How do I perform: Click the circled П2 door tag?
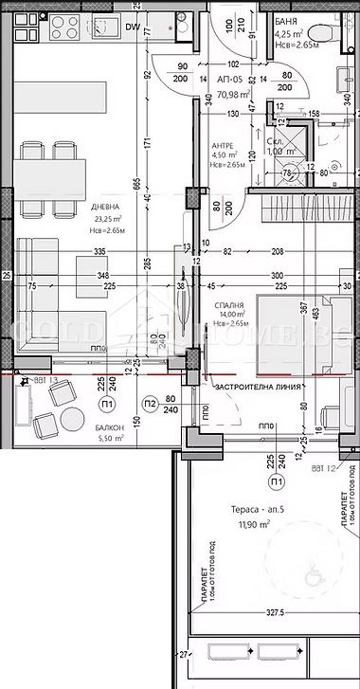pos(149,404)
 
